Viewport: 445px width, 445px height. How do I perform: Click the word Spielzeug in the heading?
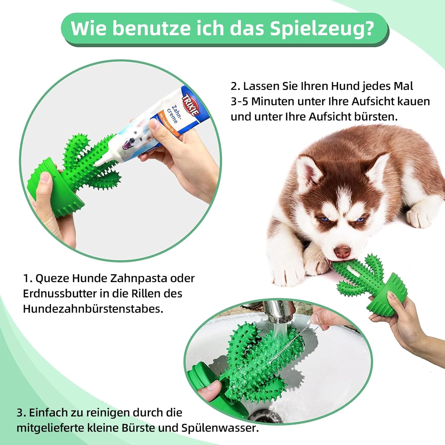click(322, 29)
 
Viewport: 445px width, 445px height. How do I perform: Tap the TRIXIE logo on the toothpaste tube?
click(191, 105)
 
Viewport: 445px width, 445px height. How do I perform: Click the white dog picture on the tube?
click(134, 139)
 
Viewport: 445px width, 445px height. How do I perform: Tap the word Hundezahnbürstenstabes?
click(93, 309)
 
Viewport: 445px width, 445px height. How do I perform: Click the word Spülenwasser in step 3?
click(220, 428)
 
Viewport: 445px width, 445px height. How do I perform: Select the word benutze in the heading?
click(151, 29)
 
